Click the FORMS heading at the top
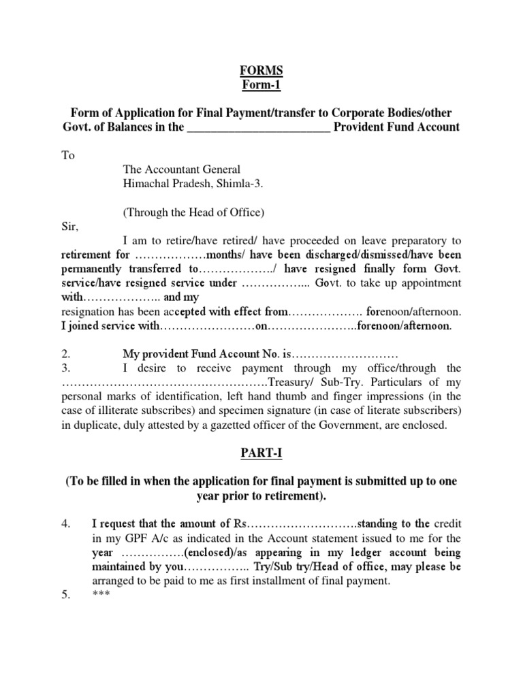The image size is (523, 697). tap(262, 71)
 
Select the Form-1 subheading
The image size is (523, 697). tap(262, 85)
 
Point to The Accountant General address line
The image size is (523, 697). tap(181, 169)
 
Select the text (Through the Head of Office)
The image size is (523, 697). tap(193, 212)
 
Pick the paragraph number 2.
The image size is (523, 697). tap(65, 355)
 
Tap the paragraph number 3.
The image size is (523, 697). tap(65, 368)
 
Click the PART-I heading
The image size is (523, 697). tap(261, 453)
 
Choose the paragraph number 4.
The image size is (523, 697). tap(66, 524)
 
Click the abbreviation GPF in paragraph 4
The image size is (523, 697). tap(136, 538)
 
